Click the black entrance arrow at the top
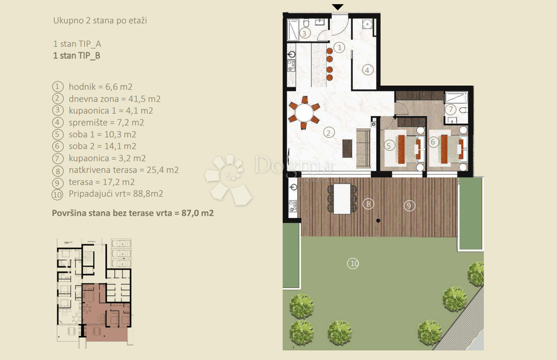click(338, 6)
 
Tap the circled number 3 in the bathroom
click(304, 33)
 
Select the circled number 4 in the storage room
click(367, 71)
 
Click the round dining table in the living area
click(305, 113)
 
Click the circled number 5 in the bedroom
click(389, 145)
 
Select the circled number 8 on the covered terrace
click(368, 203)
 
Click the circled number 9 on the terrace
click(409, 206)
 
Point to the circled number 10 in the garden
click(353, 264)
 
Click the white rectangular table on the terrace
click(342, 199)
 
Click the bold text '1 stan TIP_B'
click(77, 56)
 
